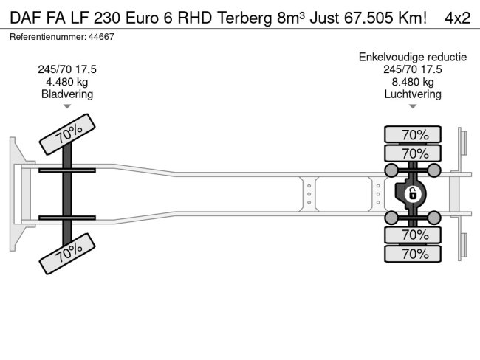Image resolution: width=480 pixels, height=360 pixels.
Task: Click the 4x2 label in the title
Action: pyautogui.click(x=457, y=18)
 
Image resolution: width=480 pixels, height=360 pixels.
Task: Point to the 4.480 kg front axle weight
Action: pyautogui.click(x=67, y=82)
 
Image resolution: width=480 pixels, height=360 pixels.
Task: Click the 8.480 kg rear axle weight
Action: pyautogui.click(x=413, y=82)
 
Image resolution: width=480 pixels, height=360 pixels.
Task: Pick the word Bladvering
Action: pyautogui.click(x=67, y=94)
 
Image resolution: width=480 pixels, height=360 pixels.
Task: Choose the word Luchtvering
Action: pyautogui.click(x=413, y=94)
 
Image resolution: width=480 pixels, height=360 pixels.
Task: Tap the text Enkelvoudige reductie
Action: pyautogui.click(x=413, y=57)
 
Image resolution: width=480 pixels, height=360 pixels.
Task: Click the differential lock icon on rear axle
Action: pyautogui.click(x=413, y=195)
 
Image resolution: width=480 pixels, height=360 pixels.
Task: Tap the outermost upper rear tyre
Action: pyautogui.click(x=414, y=135)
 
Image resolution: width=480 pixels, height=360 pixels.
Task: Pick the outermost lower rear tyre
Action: pyautogui.click(x=414, y=254)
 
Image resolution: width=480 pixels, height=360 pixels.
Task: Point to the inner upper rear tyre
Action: pyautogui.click(x=414, y=153)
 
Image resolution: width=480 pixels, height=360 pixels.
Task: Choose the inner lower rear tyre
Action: pyautogui.click(x=414, y=235)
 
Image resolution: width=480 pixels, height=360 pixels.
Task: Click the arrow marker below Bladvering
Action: pyautogui.click(x=67, y=106)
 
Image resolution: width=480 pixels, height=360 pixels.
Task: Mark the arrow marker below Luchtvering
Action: pyautogui.click(x=413, y=106)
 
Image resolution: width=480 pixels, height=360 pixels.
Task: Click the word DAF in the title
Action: pyautogui.click(x=23, y=18)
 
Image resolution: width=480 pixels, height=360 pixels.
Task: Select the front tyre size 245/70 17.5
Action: pyautogui.click(x=67, y=69)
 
